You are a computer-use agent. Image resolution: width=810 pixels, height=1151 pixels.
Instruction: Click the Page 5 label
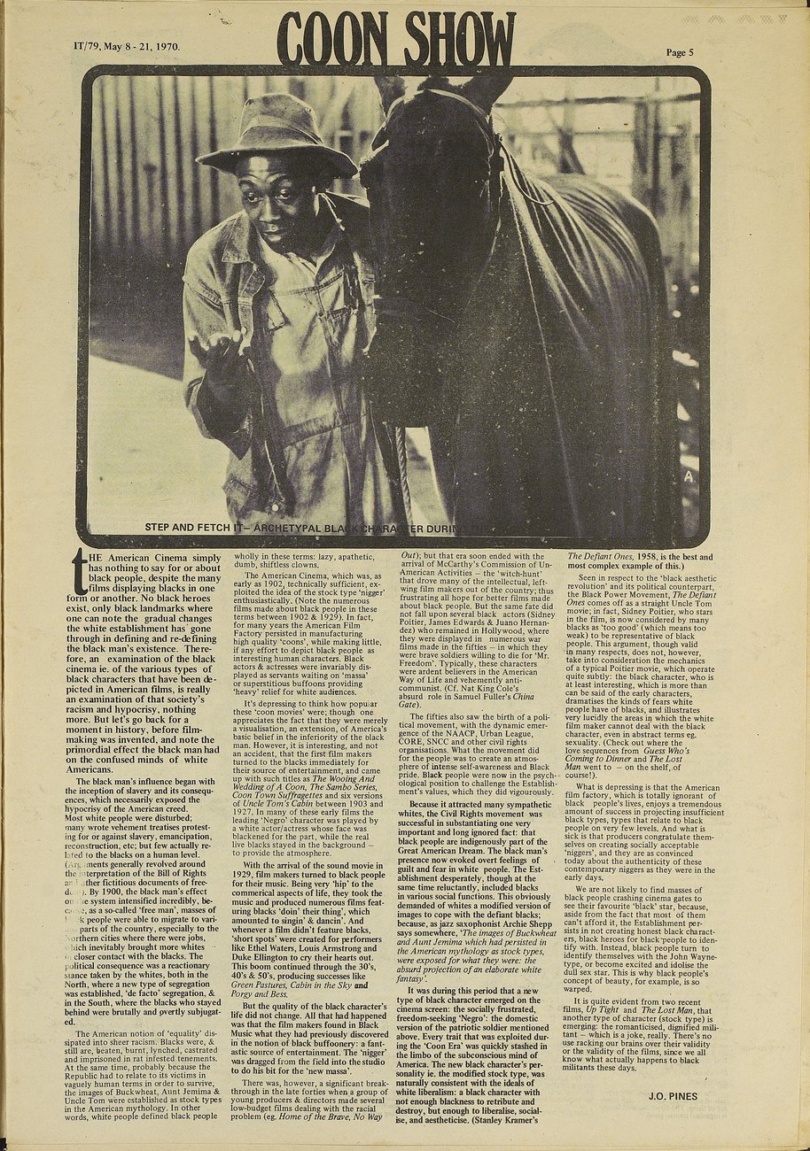click(x=680, y=52)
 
